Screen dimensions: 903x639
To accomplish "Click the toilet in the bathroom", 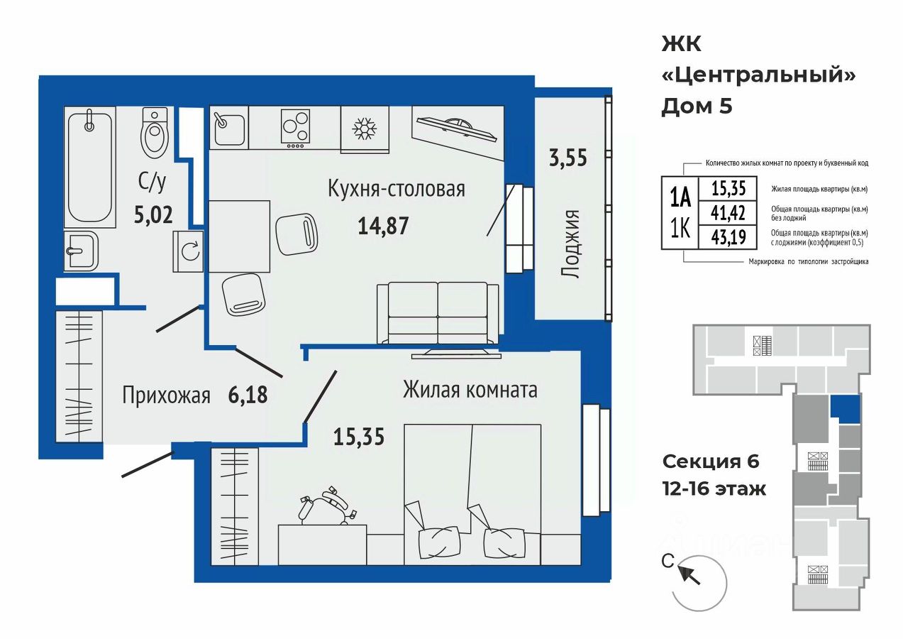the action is pos(155,133).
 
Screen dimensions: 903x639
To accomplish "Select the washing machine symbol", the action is pos(188,251).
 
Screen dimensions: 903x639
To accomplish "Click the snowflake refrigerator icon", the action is pos(365,129).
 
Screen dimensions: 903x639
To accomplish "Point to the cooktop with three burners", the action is pos(295,129).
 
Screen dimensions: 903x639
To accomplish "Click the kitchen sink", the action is pos(229,128).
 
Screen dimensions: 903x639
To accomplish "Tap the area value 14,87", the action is pos(383,226).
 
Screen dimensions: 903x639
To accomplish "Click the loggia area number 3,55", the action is pos(568,158).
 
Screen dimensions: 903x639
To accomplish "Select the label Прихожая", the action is pos(166,395).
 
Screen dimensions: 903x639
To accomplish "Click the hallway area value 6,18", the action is pos(248,395).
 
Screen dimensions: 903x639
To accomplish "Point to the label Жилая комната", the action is pos(470,390).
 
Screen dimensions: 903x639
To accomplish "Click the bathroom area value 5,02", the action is pos(153,214).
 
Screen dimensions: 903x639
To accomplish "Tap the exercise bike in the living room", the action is pos(326,506).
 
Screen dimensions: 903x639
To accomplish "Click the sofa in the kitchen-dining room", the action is pos(438,313).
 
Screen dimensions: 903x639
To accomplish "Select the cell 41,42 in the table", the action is pos(728,212).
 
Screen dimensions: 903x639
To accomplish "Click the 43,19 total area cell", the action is pos(728,237).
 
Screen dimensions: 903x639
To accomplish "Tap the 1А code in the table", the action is pos(680,199).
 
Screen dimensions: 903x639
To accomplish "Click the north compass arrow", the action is pos(689,574).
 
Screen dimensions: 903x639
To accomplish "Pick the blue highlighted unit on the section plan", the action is pos(845,409).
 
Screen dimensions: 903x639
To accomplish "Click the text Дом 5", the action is pos(697,106).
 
